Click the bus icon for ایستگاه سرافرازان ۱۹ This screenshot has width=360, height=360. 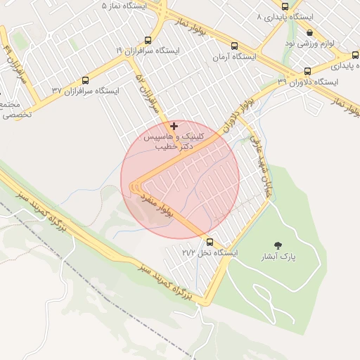pyautogui.click(x=148, y=40)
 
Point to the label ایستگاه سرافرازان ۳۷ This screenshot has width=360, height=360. pyautogui.click(x=86, y=91)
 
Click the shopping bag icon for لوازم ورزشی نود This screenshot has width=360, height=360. pyautogui.click(x=310, y=32)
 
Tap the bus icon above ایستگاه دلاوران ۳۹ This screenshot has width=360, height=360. pyautogui.click(x=307, y=71)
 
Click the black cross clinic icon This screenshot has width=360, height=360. pyautogui.click(x=174, y=126)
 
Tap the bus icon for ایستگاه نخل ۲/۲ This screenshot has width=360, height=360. pyautogui.click(x=210, y=242)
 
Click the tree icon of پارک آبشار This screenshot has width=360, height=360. pyautogui.click(x=279, y=245)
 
